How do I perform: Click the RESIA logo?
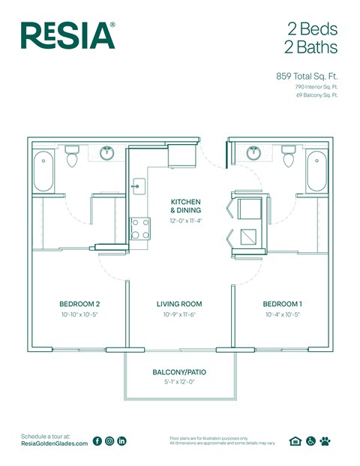tap(68, 35)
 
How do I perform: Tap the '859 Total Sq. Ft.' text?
tap(307, 76)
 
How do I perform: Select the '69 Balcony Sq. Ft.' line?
tap(317, 95)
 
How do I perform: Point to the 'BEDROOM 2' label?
tap(79, 304)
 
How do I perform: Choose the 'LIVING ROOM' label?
tap(179, 304)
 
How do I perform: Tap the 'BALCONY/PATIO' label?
tap(179, 372)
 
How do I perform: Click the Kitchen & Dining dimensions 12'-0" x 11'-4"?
tap(185, 221)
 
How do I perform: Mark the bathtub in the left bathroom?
tap(44, 170)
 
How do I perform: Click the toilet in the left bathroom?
tap(73, 157)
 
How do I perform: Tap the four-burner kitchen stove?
tap(139, 228)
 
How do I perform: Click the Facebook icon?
tap(97, 441)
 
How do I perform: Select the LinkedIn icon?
tap(122, 441)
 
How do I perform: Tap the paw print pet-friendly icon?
tap(325, 441)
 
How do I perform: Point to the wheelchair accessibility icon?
tap(310, 441)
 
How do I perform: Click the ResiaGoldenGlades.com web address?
tap(54, 444)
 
